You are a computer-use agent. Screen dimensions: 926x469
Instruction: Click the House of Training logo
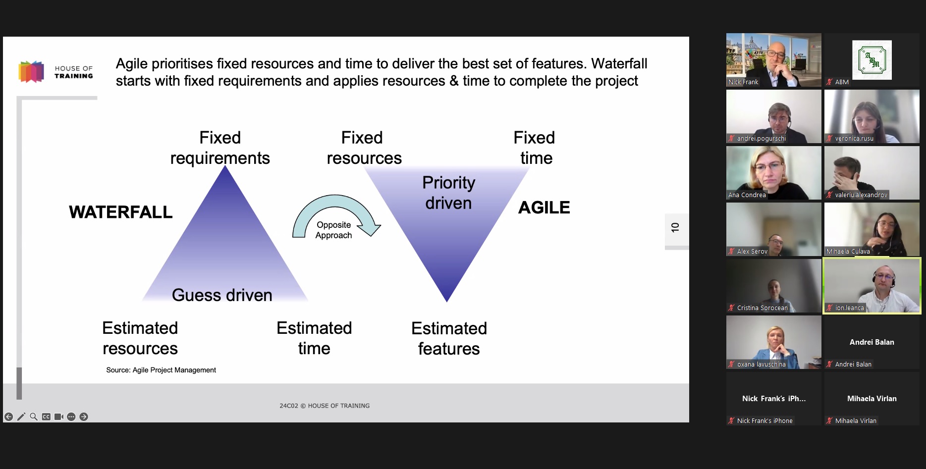click(x=55, y=72)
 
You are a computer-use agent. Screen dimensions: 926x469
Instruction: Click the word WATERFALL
click(x=121, y=212)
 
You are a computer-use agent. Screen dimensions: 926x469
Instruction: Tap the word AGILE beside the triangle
click(x=544, y=208)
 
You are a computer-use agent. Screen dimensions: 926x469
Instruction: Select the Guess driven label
click(x=222, y=295)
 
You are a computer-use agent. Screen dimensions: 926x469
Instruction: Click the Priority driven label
click(x=448, y=193)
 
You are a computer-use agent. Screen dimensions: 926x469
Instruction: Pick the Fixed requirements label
click(x=220, y=148)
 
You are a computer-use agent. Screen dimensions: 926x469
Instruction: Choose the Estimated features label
click(x=449, y=338)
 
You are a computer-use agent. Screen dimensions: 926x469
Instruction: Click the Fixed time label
click(x=535, y=148)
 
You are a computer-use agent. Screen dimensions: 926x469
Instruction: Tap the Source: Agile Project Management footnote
click(x=161, y=370)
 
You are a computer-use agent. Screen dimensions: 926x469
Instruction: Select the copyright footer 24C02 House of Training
click(x=325, y=406)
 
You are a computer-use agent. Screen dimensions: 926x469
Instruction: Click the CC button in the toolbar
click(x=46, y=417)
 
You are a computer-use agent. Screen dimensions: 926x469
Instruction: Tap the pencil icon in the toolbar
click(x=21, y=417)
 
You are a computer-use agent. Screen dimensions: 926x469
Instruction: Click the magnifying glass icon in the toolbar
click(x=34, y=417)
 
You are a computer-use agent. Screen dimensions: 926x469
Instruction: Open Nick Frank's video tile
click(x=773, y=60)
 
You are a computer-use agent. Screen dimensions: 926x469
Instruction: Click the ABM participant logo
click(x=872, y=60)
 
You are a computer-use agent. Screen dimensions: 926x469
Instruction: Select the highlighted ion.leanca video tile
click(x=872, y=286)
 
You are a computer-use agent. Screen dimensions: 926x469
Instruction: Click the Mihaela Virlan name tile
click(x=872, y=399)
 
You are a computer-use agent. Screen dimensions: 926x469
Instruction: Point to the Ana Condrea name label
click(x=747, y=195)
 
